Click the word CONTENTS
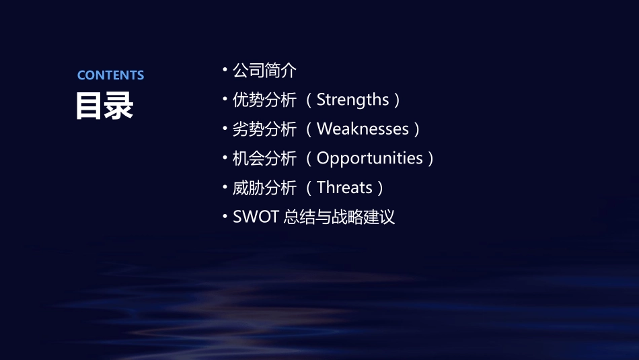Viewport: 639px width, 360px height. pyautogui.click(x=110, y=75)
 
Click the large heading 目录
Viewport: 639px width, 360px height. pyautogui.click(x=104, y=106)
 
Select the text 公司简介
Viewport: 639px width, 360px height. pyautogui.click(x=264, y=70)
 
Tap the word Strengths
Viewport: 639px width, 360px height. pyautogui.click(x=352, y=100)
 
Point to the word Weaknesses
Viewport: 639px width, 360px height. pyautogui.click(x=363, y=129)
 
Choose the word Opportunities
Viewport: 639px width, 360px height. pyautogui.click(x=369, y=158)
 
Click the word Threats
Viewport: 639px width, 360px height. pyautogui.click(x=344, y=187)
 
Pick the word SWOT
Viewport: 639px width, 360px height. pyautogui.click(x=256, y=217)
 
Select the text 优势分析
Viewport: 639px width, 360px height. pyautogui.click(x=264, y=100)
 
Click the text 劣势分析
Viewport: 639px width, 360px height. pyautogui.click(x=264, y=129)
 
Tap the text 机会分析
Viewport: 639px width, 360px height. pyautogui.click(x=264, y=158)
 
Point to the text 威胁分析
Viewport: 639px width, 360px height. pyautogui.click(x=264, y=187)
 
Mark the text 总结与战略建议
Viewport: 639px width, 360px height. pyautogui.click(x=339, y=217)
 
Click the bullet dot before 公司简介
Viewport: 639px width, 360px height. pyautogui.click(x=225, y=70)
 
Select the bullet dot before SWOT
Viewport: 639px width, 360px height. pyautogui.click(x=225, y=217)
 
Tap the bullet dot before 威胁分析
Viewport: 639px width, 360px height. pyautogui.click(x=225, y=187)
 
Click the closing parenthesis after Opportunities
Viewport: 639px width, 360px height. pyautogui.click(x=430, y=159)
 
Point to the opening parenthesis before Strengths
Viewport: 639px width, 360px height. pyautogui.click(x=309, y=100)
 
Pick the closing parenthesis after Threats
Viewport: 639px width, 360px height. pyautogui.click(x=381, y=188)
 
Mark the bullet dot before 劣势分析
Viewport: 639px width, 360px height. pyautogui.click(x=225, y=129)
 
